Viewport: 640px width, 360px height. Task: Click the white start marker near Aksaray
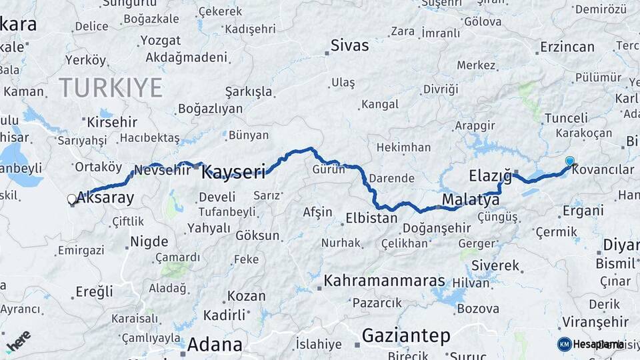pyautogui.click(x=72, y=199)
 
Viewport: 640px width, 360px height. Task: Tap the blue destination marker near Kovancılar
pyautogui.click(x=569, y=161)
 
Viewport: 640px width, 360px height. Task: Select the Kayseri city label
pyautogui.click(x=233, y=172)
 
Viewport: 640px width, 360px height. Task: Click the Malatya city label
pyautogui.click(x=471, y=199)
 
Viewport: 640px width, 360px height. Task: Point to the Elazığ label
pyautogui.click(x=490, y=176)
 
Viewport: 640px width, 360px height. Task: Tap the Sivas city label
pyautogui.click(x=350, y=46)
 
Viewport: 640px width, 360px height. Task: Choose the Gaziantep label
pyautogui.click(x=406, y=336)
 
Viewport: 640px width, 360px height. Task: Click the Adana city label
pyautogui.click(x=215, y=345)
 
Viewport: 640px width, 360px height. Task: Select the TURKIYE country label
pyautogui.click(x=111, y=88)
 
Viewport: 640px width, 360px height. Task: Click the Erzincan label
pyautogui.click(x=567, y=47)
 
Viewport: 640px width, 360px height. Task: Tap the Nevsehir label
pyautogui.click(x=163, y=169)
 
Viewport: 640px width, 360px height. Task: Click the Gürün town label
pyautogui.click(x=329, y=169)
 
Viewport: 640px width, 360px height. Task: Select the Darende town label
pyautogui.click(x=391, y=179)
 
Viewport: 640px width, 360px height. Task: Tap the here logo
pyautogui.click(x=19, y=341)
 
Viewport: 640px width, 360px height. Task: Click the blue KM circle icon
pyautogui.click(x=565, y=344)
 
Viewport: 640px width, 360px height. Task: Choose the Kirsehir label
pyautogui.click(x=112, y=122)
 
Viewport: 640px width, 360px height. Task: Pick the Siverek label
pyautogui.click(x=495, y=265)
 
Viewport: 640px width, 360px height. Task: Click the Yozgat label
pyautogui.click(x=160, y=40)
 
